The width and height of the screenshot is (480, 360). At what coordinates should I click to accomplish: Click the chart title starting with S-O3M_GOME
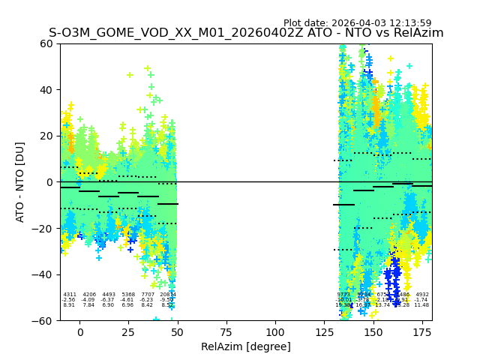pos(246,33)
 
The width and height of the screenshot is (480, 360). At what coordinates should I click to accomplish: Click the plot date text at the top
pos(357,23)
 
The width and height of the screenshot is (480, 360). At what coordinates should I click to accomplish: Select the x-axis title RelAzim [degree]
pos(246,346)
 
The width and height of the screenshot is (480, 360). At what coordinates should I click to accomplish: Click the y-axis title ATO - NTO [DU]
pos(20,181)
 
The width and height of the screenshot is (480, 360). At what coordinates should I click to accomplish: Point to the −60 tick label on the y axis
pos(43,320)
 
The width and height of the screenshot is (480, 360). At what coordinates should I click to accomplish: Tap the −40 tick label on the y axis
pos(43,274)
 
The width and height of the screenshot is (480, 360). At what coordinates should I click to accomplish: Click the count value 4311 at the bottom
pos(70,295)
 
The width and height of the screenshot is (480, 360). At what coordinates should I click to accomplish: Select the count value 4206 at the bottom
pos(89,295)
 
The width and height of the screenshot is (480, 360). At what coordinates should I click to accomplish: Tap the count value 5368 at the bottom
pos(128,295)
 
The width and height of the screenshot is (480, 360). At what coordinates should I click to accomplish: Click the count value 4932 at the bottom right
pos(422,295)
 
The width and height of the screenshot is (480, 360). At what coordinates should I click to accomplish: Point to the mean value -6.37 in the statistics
pos(109,300)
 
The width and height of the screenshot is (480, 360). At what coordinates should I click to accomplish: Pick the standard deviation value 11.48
pos(422,305)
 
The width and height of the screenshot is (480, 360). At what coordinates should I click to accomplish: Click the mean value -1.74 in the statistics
pos(422,300)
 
